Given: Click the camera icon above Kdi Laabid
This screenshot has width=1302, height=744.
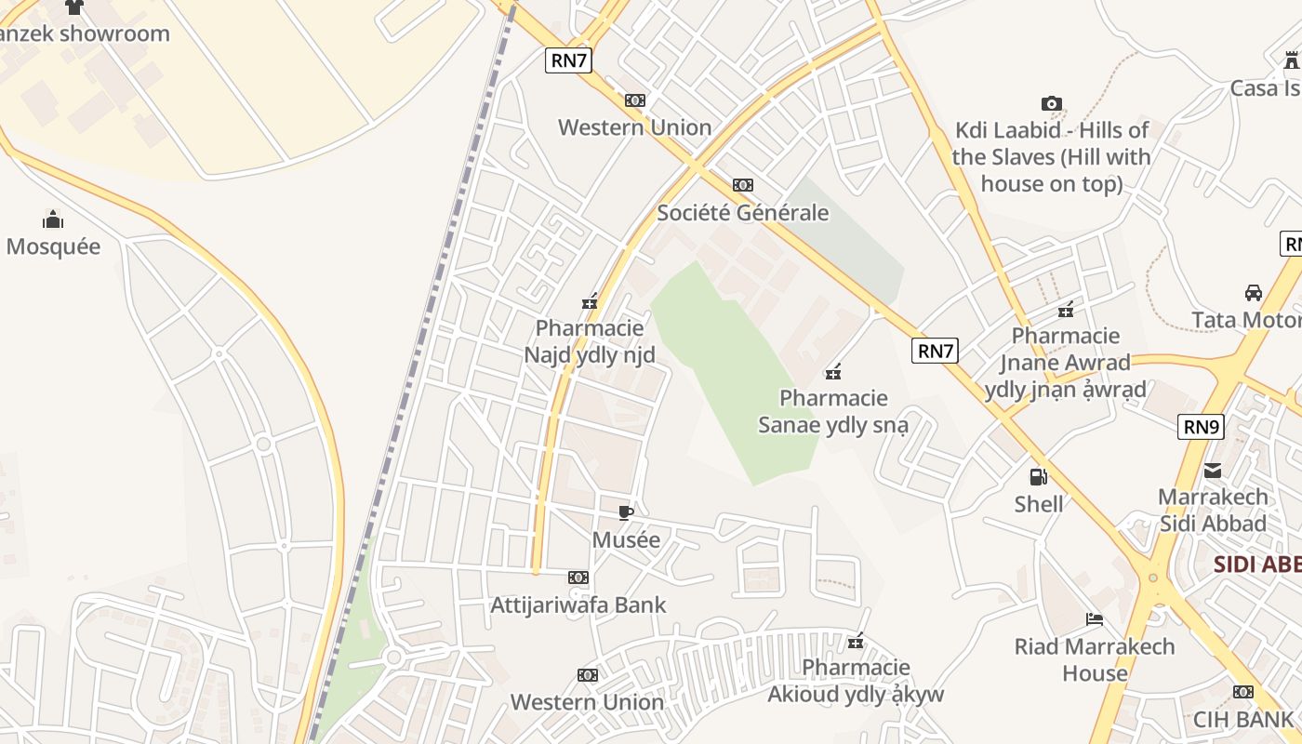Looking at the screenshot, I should coord(1051,103).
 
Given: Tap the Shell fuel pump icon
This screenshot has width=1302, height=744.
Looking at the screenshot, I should coord(1038,478).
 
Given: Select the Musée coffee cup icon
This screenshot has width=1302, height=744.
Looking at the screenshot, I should coord(626,512).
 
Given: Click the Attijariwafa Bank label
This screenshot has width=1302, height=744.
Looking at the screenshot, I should coord(578,604).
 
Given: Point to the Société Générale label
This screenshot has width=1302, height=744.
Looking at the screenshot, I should coord(742,212).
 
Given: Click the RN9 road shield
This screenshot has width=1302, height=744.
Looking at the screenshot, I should coord(1202,427).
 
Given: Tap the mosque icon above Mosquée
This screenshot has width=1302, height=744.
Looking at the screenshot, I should coord(53,219).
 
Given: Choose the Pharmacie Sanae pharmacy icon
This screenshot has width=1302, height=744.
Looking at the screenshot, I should coord(833,372).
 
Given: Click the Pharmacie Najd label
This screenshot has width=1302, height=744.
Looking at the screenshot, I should coord(590,341).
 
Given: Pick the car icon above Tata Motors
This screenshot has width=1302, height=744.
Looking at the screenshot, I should coord(1253,293).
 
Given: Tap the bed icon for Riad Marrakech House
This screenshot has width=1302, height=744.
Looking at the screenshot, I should coord(1095,619).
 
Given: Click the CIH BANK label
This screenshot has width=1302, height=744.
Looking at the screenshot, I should coord(1243,719).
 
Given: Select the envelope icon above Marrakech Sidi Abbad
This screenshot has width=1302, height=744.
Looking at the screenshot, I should coord(1213,471).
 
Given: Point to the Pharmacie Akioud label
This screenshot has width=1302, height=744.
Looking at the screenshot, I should coord(855,681).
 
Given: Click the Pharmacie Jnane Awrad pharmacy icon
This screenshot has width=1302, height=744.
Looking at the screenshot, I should coord(1066,309).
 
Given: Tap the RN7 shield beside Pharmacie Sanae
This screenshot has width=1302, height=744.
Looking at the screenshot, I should coord(935,351).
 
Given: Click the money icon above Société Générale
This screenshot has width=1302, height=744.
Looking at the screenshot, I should coord(742,185).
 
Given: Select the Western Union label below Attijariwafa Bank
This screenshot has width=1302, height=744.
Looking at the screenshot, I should coord(587,702).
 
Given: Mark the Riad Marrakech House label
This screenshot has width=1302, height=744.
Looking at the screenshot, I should coord(1095,659).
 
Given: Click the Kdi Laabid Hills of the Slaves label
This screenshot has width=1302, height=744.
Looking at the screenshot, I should coord(1051,156).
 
